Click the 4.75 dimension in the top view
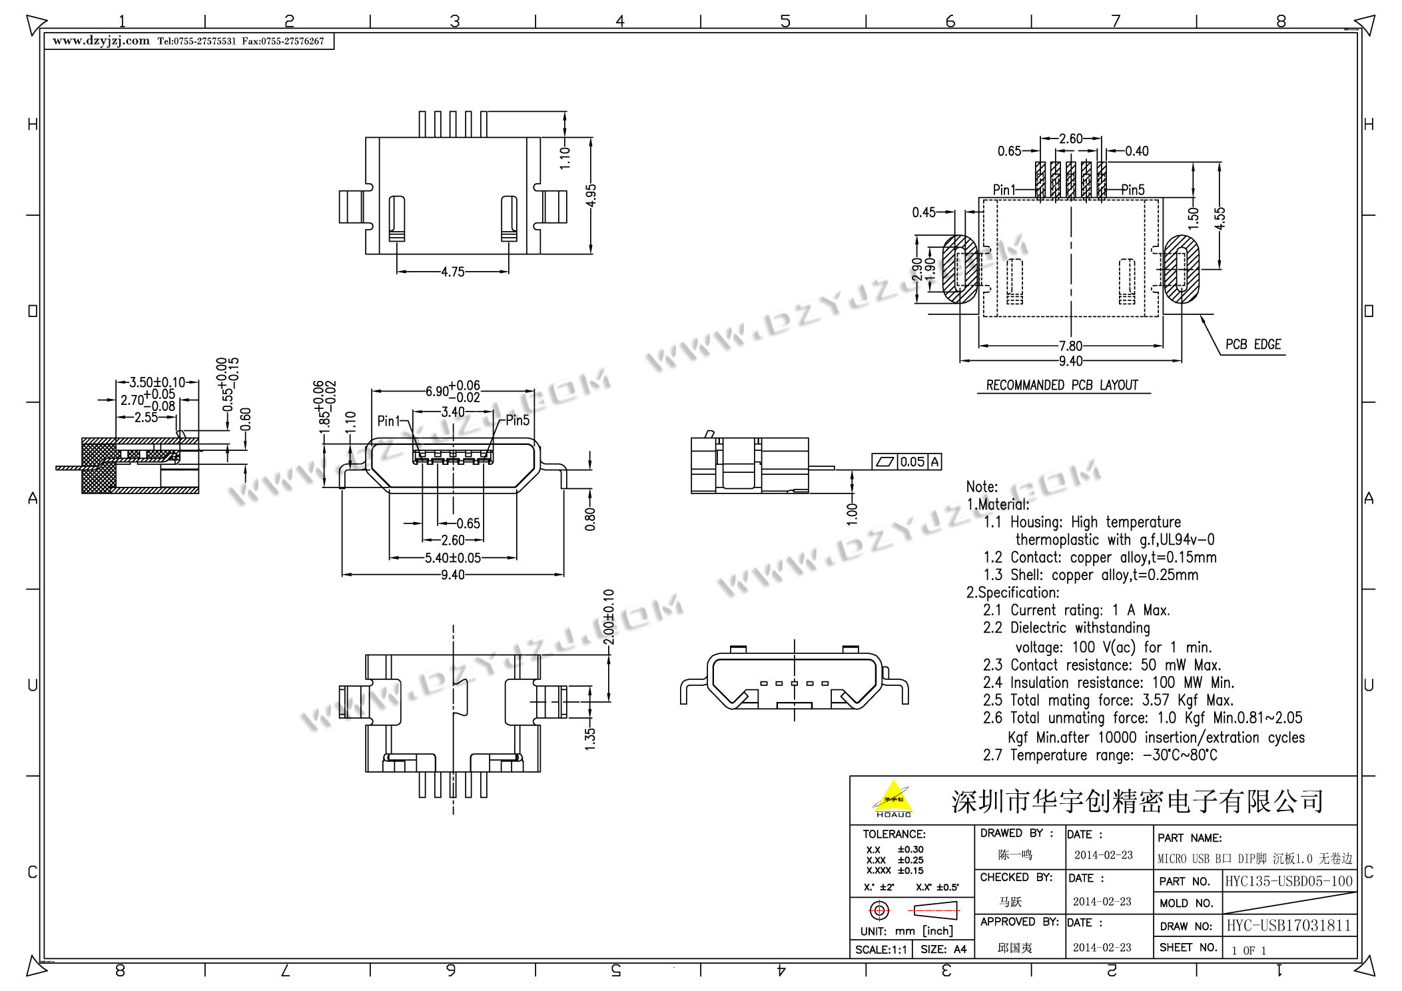tap(452, 272)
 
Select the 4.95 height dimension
tap(591, 196)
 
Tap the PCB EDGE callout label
tap(1253, 344)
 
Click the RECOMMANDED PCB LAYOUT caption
tap(1062, 385)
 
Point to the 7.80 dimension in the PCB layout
tap(1070, 346)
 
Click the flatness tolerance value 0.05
tap(912, 462)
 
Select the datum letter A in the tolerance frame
tap(934, 462)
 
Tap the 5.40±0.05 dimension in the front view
tap(453, 557)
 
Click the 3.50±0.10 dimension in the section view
tap(157, 382)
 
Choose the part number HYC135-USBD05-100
tap(1289, 881)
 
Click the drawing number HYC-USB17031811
tap(1289, 926)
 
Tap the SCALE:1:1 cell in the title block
tap(880, 949)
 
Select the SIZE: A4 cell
tap(943, 949)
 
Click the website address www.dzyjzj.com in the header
tap(101, 41)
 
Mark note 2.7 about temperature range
tap(1100, 755)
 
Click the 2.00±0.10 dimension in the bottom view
tap(608, 617)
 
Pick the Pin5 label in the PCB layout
tap(1132, 190)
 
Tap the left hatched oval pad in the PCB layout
tap(960, 269)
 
